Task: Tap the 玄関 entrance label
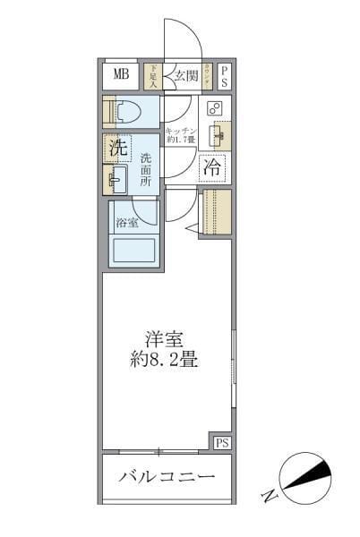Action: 185,75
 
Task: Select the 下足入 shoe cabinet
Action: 152,76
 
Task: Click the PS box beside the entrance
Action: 224,76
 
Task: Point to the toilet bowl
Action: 124,111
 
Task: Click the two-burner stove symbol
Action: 214,108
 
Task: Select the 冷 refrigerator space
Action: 213,166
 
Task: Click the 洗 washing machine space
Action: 117,149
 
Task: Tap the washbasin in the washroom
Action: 116,179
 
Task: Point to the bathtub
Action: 133,250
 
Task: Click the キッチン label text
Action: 181,132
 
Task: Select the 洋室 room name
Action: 165,339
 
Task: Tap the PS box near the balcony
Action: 222,442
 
